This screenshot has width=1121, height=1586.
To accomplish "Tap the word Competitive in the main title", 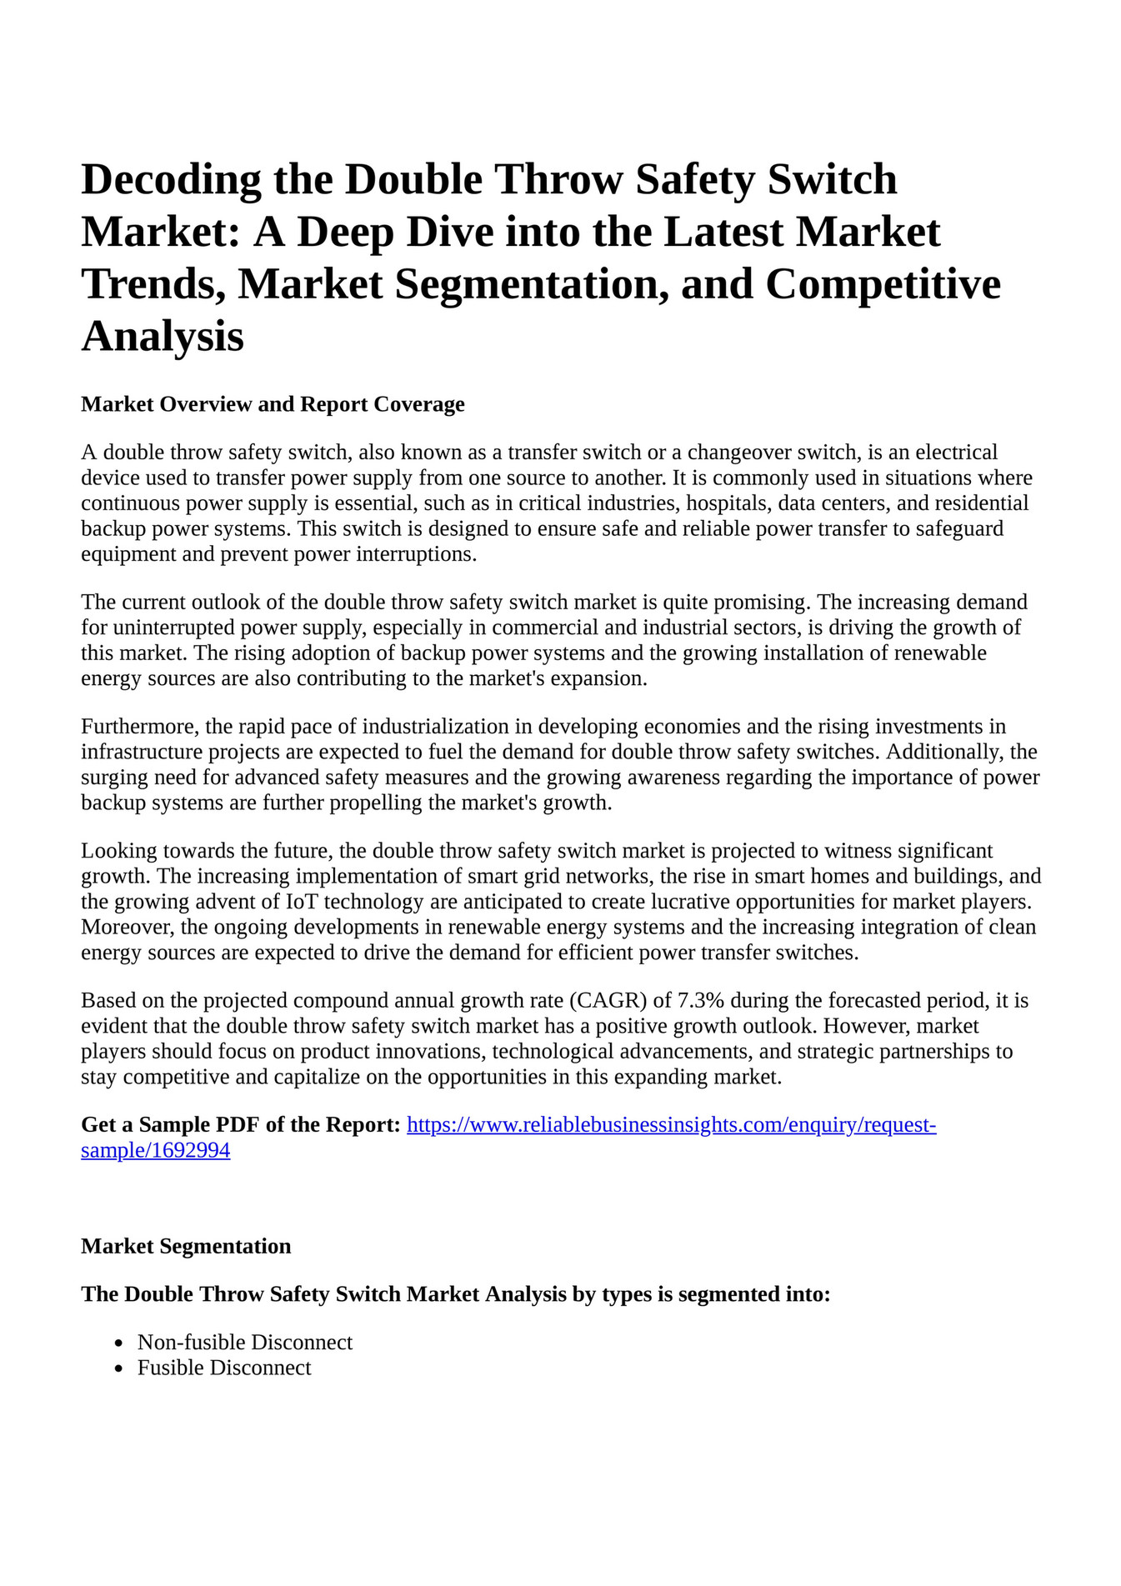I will click(883, 284).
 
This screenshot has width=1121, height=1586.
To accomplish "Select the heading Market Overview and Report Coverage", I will click(273, 404).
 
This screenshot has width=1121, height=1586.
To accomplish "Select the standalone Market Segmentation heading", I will click(186, 1246).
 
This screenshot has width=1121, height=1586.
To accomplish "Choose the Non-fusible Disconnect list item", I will click(244, 1343).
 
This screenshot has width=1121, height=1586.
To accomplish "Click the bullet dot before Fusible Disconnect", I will click(120, 1369).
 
